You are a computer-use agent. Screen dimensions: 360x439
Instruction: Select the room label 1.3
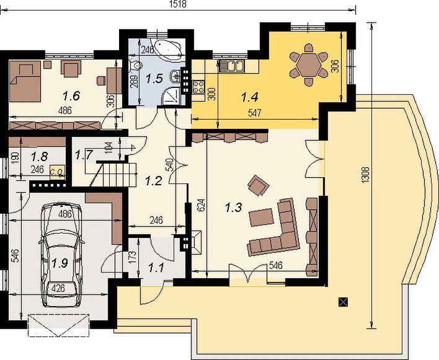tap(234, 208)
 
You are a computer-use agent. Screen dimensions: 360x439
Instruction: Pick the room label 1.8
tap(22, 156)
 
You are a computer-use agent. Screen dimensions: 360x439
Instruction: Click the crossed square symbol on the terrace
tap(343, 302)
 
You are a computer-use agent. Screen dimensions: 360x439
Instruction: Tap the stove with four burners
tap(199, 87)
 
